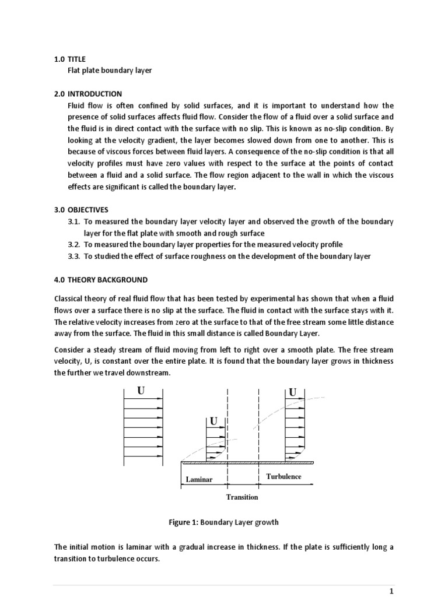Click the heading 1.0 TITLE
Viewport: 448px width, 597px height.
[69, 59]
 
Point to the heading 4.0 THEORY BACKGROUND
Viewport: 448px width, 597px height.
[100, 279]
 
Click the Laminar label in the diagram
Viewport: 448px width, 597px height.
[199, 479]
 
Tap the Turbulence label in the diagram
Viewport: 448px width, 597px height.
[283, 476]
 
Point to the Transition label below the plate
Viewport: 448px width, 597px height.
[242, 497]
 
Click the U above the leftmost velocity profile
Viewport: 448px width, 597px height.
[141, 391]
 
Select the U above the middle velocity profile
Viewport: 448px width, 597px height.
[213, 421]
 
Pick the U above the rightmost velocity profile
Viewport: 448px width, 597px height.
[292, 392]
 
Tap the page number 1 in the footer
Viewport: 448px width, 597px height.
[391, 591]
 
